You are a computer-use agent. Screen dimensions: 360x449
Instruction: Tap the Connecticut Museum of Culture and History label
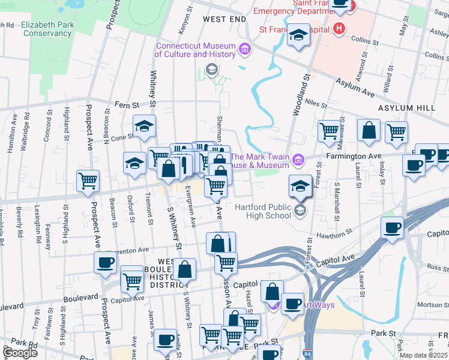click(196, 50)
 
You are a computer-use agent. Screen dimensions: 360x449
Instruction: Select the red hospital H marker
click(340, 28)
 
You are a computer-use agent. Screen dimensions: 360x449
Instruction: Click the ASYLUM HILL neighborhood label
click(406, 108)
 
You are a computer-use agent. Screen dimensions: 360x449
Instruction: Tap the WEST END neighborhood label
click(224, 19)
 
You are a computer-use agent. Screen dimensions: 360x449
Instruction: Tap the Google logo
click(19, 353)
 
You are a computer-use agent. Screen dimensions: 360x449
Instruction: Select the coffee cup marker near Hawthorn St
click(392, 227)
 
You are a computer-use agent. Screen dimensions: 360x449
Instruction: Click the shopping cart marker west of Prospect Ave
click(88, 180)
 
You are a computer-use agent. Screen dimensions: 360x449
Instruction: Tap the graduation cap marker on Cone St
click(144, 125)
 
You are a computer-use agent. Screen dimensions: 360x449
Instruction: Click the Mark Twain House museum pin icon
click(298, 160)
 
